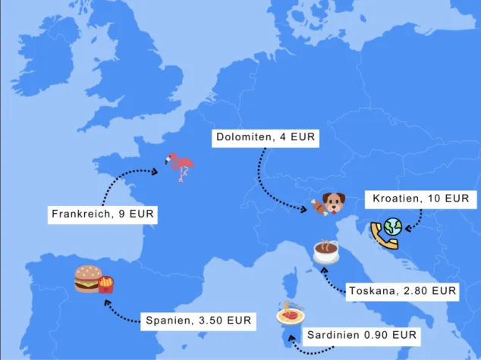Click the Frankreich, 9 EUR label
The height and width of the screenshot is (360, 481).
pos(102,214)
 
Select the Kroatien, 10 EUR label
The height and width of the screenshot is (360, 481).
pos(420,199)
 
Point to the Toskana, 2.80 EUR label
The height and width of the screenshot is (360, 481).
pos(402,290)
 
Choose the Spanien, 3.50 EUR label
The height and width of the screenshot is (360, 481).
pos(199,321)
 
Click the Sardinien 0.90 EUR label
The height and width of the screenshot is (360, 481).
pos(361,334)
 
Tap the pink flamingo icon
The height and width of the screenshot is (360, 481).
pos(181,166)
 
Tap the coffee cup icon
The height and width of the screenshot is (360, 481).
pos(326,251)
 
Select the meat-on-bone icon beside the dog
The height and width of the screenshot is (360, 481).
pos(316,205)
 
